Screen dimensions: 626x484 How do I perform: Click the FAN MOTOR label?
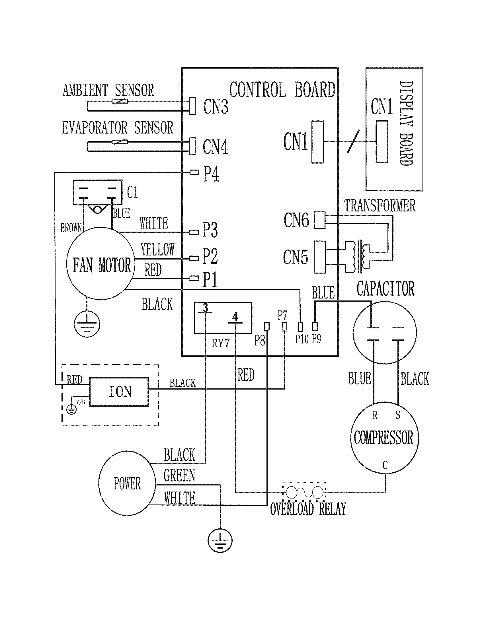tap(102, 265)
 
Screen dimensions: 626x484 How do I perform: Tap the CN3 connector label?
tap(216, 106)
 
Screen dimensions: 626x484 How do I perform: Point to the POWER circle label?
tap(127, 484)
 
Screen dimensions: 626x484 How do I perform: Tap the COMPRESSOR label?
tap(384, 438)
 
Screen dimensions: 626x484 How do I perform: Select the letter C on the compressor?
tap(385, 465)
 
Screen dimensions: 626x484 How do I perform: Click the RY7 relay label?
tap(220, 343)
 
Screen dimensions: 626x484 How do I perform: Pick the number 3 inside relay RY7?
tap(205, 308)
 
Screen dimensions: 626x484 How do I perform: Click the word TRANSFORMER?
tap(380, 205)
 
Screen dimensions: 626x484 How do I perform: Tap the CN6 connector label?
tap(296, 220)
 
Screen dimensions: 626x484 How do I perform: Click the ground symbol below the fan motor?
tap(87, 324)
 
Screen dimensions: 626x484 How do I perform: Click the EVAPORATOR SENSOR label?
tap(118, 128)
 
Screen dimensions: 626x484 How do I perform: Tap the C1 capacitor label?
tap(132, 192)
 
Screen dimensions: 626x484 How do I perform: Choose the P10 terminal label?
tap(302, 339)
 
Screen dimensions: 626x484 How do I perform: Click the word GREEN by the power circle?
tap(179, 475)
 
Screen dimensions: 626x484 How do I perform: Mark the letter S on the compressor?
tap(397, 415)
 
